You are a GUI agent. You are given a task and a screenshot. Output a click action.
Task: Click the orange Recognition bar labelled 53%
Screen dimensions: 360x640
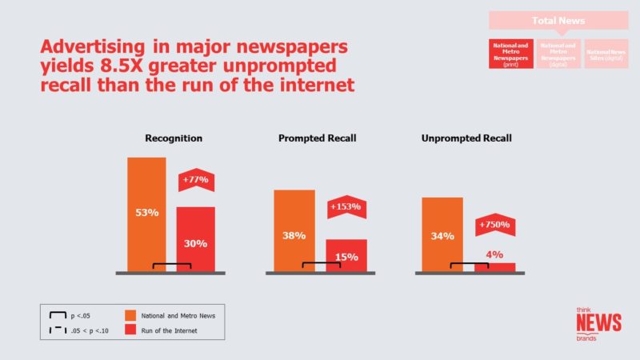tap(146, 214)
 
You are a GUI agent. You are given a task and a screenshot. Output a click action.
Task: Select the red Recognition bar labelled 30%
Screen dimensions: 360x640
tap(196, 239)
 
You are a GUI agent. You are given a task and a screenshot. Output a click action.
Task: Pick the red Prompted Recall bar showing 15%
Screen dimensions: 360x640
tap(346, 255)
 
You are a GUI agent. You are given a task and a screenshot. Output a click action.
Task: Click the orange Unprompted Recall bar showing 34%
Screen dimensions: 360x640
tap(442, 234)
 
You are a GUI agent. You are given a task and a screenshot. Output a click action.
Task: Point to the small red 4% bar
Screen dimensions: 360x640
tap(495, 266)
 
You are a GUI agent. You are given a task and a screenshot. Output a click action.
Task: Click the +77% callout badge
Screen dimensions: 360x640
tap(195, 180)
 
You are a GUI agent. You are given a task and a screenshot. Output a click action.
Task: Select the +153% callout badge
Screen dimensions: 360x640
tap(346, 206)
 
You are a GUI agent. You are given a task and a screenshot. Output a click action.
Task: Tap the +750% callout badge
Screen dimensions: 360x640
tap(494, 225)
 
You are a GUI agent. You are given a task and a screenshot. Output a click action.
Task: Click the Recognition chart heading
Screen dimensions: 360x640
tap(174, 138)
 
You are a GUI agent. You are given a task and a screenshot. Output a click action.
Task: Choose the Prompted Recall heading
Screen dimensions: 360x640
tap(318, 138)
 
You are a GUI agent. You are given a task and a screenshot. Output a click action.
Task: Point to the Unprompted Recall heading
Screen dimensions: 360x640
tap(466, 138)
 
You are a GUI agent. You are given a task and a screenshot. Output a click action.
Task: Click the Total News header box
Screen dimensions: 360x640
tap(558, 19)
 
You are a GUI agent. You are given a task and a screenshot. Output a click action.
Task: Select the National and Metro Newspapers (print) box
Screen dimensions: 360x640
tap(511, 54)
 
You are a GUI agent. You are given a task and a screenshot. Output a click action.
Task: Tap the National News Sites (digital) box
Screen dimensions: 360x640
tap(606, 54)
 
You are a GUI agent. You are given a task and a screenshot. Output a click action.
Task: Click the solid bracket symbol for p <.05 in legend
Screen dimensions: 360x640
tap(56, 316)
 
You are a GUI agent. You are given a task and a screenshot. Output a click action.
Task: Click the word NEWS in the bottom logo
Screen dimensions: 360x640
tap(598, 322)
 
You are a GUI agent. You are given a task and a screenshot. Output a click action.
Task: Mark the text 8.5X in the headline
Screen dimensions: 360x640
tap(108, 63)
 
